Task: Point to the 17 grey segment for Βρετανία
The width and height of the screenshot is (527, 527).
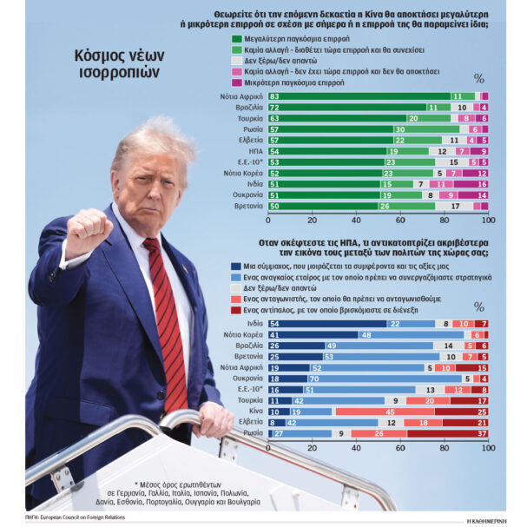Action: pos(456,207)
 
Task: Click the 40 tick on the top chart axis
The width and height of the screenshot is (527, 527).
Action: pos(356,221)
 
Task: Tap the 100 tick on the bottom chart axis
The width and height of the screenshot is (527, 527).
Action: pos(486,448)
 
